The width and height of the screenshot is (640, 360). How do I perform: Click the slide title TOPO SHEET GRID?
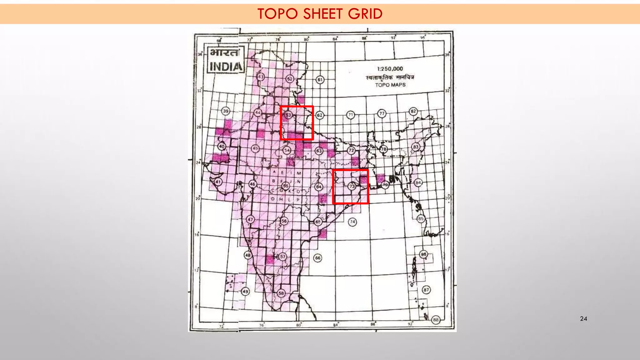click(x=320, y=14)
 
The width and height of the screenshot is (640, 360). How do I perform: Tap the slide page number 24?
click(x=583, y=319)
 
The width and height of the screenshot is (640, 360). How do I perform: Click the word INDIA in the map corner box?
click(x=226, y=67)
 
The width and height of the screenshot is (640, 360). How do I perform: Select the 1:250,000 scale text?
click(x=390, y=69)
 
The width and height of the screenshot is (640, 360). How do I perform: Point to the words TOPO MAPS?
click(x=390, y=85)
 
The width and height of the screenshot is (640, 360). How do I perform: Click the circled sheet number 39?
click(x=226, y=111)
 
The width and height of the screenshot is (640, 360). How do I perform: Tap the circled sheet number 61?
click(x=320, y=80)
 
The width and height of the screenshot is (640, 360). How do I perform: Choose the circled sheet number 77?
click(x=382, y=113)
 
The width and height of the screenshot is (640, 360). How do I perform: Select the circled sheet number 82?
click(x=413, y=111)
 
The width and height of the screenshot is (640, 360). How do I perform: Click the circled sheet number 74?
click(x=352, y=222)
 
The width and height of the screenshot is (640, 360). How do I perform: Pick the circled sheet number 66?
click(x=317, y=258)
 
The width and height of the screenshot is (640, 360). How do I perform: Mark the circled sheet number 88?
click(x=436, y=320)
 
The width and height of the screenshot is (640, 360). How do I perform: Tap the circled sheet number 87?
click(x=426, y=290)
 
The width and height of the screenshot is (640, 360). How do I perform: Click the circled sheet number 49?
click(x=245, y=292)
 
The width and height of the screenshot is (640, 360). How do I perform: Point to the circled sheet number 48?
click(x=248, y=255)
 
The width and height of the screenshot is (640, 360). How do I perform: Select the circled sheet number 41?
click(x=218, y=182)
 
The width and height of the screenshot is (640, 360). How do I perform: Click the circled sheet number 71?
click(x=351, y=115)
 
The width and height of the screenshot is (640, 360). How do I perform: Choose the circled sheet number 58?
click(x=281, y=293)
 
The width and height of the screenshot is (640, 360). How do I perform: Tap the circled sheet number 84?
click(x=418, y=182)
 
